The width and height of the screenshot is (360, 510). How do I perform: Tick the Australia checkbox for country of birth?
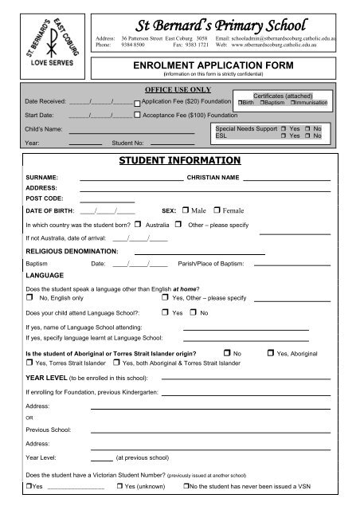pyautogui.click(x=138, y=226)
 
